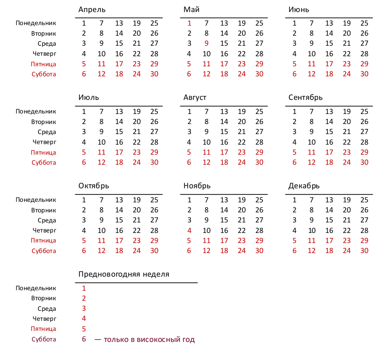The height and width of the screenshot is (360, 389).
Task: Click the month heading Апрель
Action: pyautogui.click(x=92, y=10)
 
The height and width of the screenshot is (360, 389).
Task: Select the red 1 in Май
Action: pyautogui.click(x=189, y=23)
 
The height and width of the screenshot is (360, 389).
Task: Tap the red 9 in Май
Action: pyautogui.click(x=207, y=43)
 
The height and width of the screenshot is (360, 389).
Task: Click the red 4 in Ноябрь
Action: pyautogui.click(x=189, y=230)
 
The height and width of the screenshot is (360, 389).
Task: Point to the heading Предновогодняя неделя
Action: pyautogui.click(x=124, y=274)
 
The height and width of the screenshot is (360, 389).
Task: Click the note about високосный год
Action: pyautogui.click(x=144, y=339)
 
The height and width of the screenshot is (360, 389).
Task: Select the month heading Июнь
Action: pyautogui.click(x=299, y=10)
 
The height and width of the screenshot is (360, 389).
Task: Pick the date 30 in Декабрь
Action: pyautogui.click(x=364, y=251)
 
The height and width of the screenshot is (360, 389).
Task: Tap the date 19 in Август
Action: pyautogui.click(x=242, y=111)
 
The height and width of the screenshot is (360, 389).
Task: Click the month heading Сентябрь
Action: pyautogui.click(x=306, y=97)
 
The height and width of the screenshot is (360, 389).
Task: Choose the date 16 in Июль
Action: pyautogui.click(x=119, y=142)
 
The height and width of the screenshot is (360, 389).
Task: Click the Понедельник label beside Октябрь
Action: pyautogui.click(x=36, y=200)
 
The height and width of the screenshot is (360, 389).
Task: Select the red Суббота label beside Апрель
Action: pyautogui.click(x=44, y=74)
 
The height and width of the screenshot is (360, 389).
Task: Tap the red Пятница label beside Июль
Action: pyautogui.click(x=43, y=152)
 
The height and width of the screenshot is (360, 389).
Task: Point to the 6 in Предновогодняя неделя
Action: pyautogui.click(x=84, y=339)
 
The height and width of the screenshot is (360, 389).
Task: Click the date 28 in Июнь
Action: pyautogui.click(x=364, y=54)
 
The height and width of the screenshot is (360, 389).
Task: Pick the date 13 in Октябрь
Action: pyautogui.click(x=119, y=200)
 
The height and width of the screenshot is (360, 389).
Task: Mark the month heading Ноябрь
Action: pyautogui.click(x=197, y=186)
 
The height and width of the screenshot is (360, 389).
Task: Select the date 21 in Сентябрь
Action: pyautogui.click(x=347, y=132)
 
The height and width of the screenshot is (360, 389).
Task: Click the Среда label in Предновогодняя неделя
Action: pyautogui.click(x=47, y=309)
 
